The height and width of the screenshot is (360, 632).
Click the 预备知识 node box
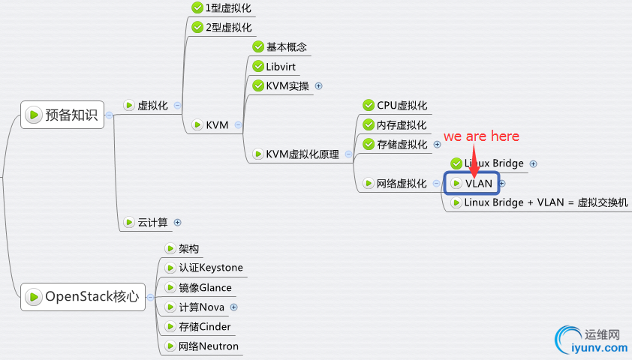coord(62,115)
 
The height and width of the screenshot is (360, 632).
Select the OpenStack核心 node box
coord(83,296)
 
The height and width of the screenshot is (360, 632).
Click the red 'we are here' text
coord(481,136)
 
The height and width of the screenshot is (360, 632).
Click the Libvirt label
coord(281,67)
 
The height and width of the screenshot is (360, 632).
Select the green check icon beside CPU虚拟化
coord(369,106)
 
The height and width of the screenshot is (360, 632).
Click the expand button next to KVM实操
coord(318,85)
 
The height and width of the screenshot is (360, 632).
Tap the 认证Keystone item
coord(210,268)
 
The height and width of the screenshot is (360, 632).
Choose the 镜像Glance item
coord(205,287)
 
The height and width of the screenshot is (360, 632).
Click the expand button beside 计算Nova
coord(233,307)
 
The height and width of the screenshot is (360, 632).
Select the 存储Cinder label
coord(204,326)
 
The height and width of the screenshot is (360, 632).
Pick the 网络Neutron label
coord(208,346)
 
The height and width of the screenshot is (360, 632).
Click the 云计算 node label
coord(152,222)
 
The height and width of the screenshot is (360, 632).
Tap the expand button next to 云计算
coord(178,222)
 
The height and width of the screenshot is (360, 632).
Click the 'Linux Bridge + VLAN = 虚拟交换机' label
coord(546,202)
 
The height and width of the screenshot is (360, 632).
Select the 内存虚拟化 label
coord(402,124)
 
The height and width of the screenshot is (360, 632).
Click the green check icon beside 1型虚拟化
coord(197,8)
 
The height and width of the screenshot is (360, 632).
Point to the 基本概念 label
coord(286,46)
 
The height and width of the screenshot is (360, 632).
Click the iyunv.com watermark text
coord(598,347)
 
